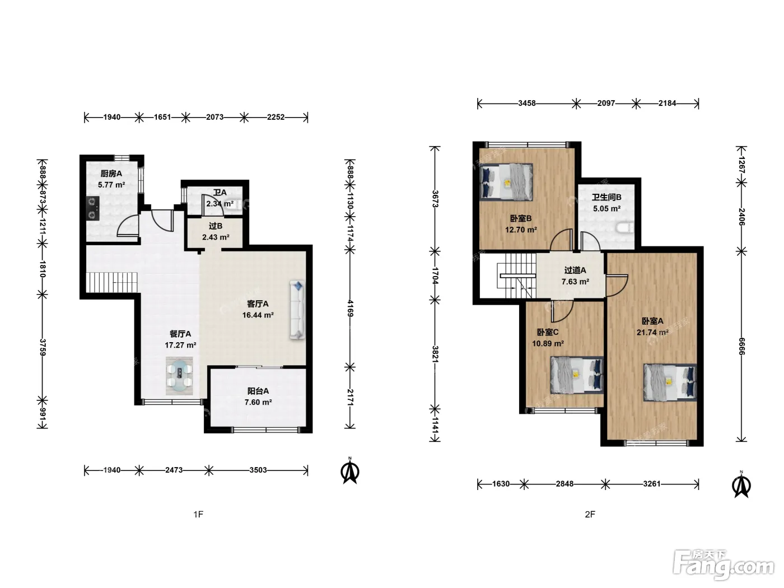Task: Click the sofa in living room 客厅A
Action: pyautogui.click(x=297, y=310)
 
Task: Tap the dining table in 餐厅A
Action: pyautogui.click(x=179, y=376)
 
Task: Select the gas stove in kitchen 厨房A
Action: pyautogui.click(x=93, y=208)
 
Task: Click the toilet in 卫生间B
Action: pyautogui.click(x=625, y=227)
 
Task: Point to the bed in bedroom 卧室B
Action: pyautogui.click(x=506, y=181)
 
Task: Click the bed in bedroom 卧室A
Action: pyautogui.click(x=670, y=382)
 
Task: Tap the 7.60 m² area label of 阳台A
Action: pyautogui.click(x=258, y=402)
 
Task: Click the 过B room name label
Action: pyautogui.click(x=216, y=226)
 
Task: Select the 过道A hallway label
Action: pyautogui.click(x=575, y=270)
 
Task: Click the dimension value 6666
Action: pyautogui.click(x=741, y=346)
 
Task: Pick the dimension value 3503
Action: pyautogui.click(x=258, y=470)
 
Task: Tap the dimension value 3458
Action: pyautogui.click(x=527, y=103)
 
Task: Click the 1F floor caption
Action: pyautogui.click(x=198, y=514)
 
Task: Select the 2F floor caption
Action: pyautogui.click(x=590, y=514)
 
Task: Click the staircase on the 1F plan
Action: pyautogui.click(x=112, y=282)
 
